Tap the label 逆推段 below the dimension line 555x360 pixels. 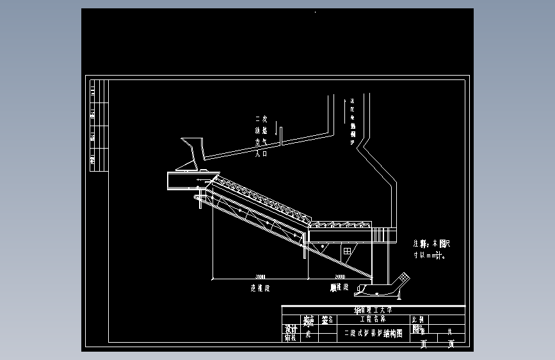(x=260, y=288)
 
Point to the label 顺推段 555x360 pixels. (x=339, y=288)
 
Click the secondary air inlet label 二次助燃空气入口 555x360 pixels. (x=261, y=136)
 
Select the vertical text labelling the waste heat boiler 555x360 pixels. (x=352, y=122)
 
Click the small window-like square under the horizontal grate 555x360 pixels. (x=346, y=250)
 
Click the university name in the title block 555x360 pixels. (x=374, y=310)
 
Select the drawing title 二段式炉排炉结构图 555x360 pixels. (x=373, y=333)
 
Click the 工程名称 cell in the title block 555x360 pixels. (x=373, y=319)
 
